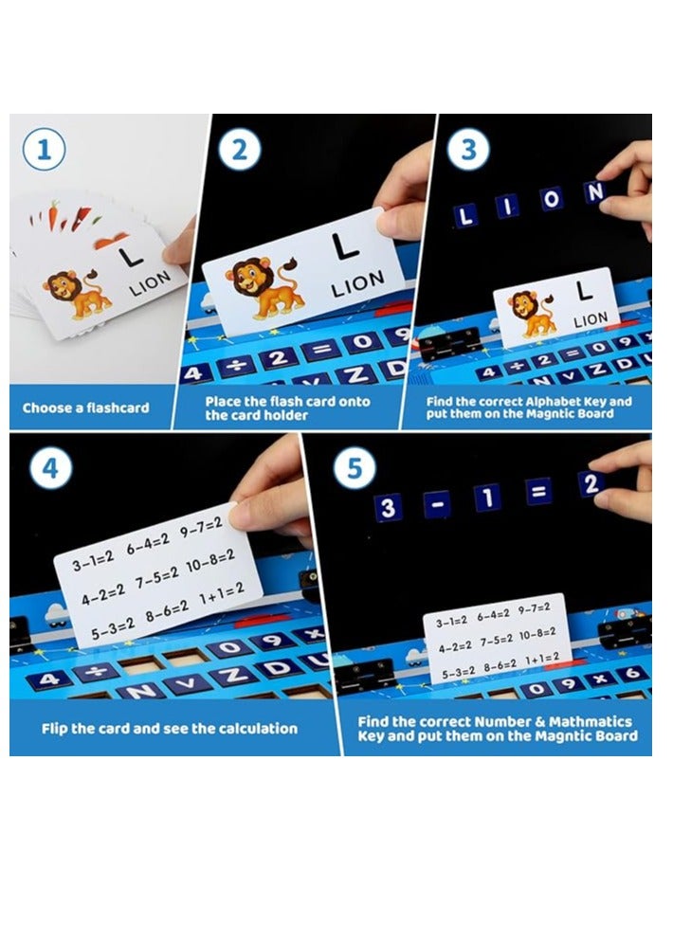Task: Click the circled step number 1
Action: pyautogui.click(x=44, y=149)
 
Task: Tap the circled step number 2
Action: pyautogui.click(x=239, y=149)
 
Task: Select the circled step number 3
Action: pyautogui.click(x=468, y=149)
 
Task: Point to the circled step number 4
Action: pyautogui.click(x=50, y=468)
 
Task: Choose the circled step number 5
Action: pyautogui.click(x=355, y=468)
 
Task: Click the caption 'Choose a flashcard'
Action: pyautogui.click(x=86, y=408)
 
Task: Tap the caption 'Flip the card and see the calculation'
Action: pyautogui.click(x=170, y=729)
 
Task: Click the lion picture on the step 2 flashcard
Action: pyautogui.click(x=264, y=286)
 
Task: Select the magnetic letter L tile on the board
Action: pyautogui.click(x=464, y=215)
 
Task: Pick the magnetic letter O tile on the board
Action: pyautogui.click(x=551, y=199)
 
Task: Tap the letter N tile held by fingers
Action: pyautogui.click(x=594, y=191)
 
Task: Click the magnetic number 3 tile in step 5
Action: pyautogui.click(x=388, y=507)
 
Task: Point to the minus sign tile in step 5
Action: pyautogui.click(x=437, y=503)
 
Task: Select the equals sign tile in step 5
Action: pyautogui.click(x=538, y=492)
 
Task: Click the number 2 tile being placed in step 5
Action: pyautogui.click(x=591, y=483)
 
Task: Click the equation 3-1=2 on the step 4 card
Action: pyautogui.click(x=93, y=560)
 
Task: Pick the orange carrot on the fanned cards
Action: pyautogui.click(x=53, y=215)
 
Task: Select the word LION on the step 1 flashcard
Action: pyautogui.click(x=150, y=283)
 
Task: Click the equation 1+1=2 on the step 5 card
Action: pyautogui.click(x=542, y=659)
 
